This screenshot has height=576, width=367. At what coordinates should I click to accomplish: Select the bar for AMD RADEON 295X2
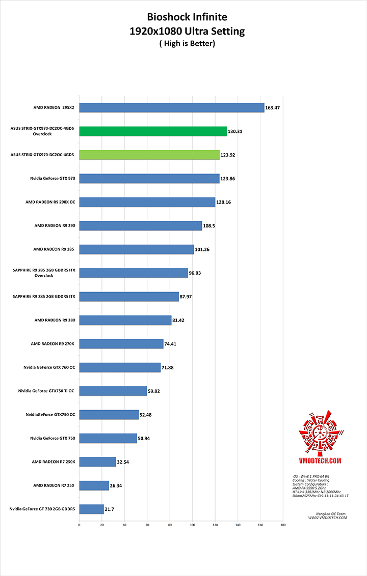point(171,108)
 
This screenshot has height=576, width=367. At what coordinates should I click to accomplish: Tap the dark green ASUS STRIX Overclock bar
point(152,131)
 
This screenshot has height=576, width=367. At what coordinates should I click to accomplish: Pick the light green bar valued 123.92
point(149,155)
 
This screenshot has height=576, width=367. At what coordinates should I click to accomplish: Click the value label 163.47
point(275,108)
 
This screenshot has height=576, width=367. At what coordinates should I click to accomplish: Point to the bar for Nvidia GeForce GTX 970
point(149,179)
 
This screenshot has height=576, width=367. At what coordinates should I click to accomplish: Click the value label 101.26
point(205,249)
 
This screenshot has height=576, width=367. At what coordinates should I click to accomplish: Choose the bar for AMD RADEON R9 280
point(125,320)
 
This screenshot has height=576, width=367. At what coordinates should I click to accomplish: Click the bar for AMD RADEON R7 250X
point(97,462)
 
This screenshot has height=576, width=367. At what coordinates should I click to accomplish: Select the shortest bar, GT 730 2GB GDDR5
point(91,509)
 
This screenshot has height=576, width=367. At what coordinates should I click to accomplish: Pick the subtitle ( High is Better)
point(187,44)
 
